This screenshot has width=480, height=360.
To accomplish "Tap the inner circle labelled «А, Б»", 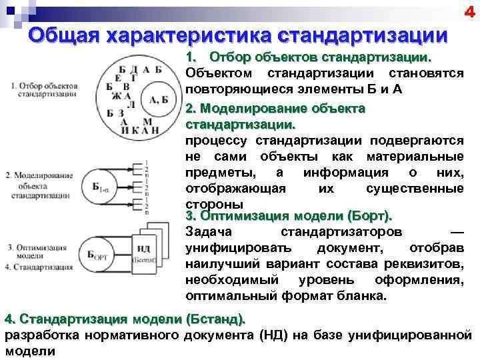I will (x=158, y=100).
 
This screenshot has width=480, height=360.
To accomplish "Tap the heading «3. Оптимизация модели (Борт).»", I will (x=289, y=216).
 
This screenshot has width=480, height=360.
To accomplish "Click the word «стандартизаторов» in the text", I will (x=341, y=232).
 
